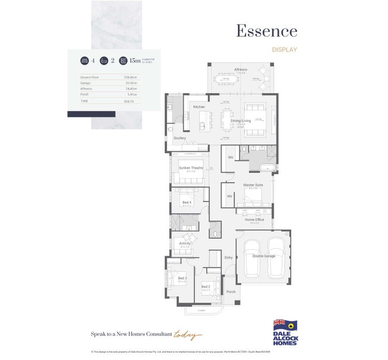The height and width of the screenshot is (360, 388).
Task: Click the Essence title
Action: [x=266, y=31]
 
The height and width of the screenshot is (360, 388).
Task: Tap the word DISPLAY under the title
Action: [x=285, y=50]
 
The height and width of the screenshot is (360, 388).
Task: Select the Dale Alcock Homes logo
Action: [x=285, y=332]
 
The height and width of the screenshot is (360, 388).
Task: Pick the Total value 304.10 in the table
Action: [x=129, y=102]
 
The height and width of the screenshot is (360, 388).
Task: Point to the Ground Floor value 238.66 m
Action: [x=130, y=77]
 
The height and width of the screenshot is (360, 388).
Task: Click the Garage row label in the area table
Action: [x=85, y=83]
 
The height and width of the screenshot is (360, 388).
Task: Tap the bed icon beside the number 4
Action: [x=84, y=61]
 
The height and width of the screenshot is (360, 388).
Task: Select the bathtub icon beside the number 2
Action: [x=104, y=61]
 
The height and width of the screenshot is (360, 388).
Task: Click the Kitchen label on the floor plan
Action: [x=199, y=107]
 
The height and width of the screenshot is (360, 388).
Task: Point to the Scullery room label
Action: [x=180, y=138]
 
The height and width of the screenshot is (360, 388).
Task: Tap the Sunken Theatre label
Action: [x=190, y=168]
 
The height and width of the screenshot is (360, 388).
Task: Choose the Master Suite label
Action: [x=253, y=185]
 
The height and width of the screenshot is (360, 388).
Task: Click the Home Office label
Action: [x=254, y=220]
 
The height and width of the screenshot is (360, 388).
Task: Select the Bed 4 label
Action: [x=186, y=203]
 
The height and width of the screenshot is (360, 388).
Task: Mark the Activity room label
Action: [x=185, y=243]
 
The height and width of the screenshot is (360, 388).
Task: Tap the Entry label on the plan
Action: [x=229, y=257]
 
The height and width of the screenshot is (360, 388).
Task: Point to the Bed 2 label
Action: [x=205, y=286]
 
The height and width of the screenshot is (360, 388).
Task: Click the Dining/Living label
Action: [x=240, y=121]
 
